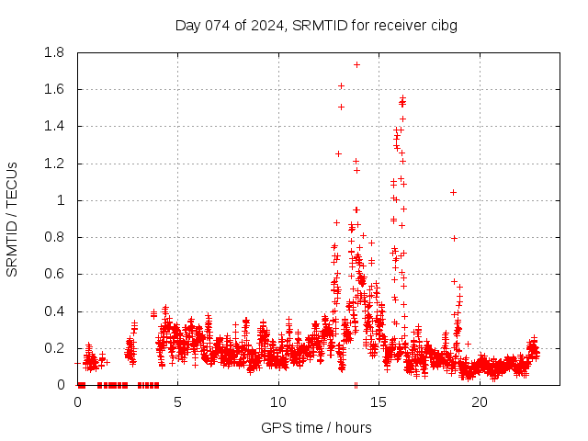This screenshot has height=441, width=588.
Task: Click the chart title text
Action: tap(316, 25)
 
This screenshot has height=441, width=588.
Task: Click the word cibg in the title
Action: tap(443, 25)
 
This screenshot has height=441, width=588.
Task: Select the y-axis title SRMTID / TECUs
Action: tap(12, 220)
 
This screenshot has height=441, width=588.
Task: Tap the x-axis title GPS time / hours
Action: tap(316, 427)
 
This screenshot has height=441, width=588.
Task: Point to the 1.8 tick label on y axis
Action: tap(54, 52)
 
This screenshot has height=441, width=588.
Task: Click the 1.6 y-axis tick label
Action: tap(54, 89)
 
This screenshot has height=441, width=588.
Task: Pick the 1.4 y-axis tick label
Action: tap(54, 126)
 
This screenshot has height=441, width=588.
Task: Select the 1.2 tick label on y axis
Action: tap(54, 164)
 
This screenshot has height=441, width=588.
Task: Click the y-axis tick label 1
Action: tap(62, 200)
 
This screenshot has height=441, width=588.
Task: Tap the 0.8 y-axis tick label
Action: tap(54, 237)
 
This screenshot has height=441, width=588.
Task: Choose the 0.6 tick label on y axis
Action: tap(54, 274)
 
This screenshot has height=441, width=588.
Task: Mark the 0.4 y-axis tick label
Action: tap(54, 311)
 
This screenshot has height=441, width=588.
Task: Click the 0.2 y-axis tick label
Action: tap(54, 348)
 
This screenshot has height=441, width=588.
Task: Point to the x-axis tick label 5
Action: tap(177, 402)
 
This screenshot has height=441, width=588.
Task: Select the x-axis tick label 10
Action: tap(278, 402)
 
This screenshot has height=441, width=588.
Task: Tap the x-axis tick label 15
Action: tap(379, 402)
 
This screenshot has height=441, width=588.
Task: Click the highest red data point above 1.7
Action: tap(356, 64)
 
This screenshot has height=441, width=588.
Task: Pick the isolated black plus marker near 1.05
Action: tap(453, 192)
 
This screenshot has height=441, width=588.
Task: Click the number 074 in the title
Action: tap(218, 25)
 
